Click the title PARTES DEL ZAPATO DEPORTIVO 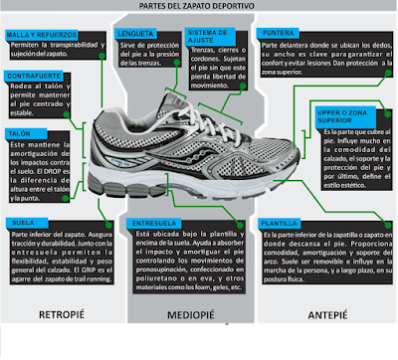click(199, 9)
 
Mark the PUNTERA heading click(281, 32)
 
